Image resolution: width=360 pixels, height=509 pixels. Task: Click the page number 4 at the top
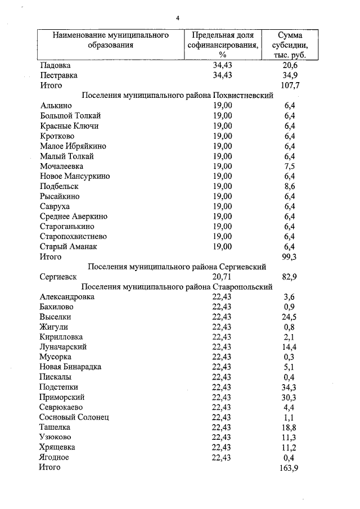coord(178,19)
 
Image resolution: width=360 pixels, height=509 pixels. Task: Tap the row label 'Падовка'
coord(55,65)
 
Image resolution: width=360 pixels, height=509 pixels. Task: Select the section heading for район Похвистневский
coord(177,95)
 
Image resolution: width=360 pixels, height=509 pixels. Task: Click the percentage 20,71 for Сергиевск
coord(222,277)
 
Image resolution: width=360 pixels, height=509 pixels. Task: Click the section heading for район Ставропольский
coord(177,287)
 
